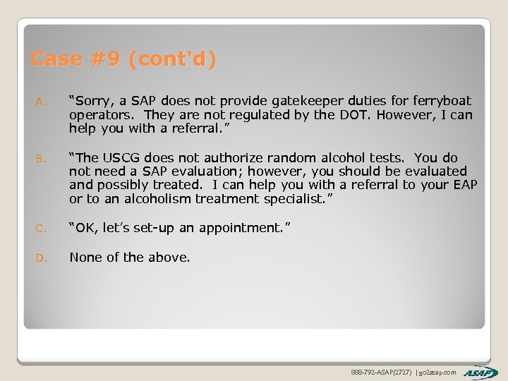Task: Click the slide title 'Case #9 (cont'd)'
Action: point(123,59)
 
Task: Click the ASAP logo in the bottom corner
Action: point(481,372)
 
